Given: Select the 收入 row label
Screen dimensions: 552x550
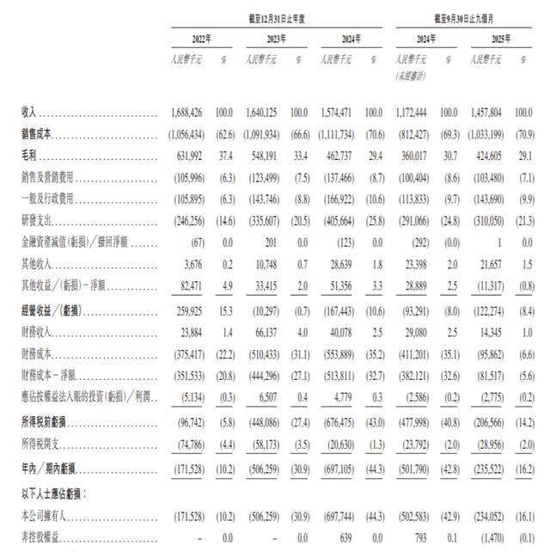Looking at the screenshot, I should [x=29, y=113].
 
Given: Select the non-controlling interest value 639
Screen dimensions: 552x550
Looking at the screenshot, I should [x=350, y=537].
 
